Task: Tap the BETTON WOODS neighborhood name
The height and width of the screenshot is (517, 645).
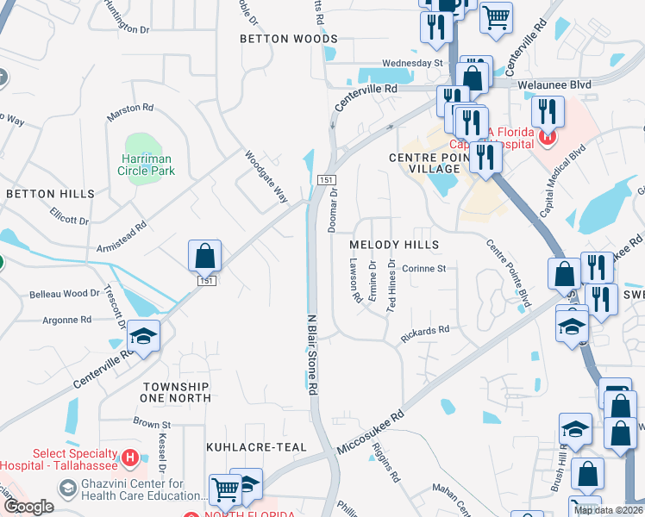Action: click(x=288, y=39)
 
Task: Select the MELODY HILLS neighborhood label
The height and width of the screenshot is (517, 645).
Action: click(x=394, y=245)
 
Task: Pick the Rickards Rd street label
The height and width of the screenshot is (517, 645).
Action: click(x=424, y=333)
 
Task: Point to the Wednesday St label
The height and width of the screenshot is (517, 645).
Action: click(x=412, y=63)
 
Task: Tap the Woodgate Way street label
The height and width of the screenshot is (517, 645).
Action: click(x=266, y=177)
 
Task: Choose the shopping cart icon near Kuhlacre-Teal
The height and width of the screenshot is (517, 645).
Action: click(x=225, y=488)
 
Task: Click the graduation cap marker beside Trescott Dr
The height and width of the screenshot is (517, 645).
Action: click(x=146, y=334)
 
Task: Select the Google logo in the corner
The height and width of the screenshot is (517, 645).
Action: click(x=28, y=507)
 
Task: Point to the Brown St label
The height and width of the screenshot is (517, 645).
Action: click(x=152, y=423)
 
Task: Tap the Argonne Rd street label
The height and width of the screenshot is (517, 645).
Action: click(x=66, y=320)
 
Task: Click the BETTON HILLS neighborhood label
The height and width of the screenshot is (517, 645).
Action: click(x=49, y=194)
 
